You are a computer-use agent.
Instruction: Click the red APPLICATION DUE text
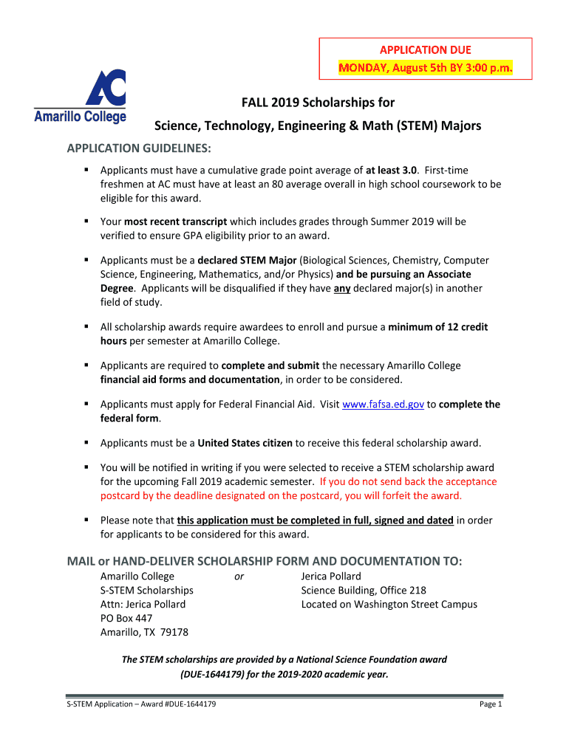[425, 50]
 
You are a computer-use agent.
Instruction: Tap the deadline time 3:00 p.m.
[484, 69]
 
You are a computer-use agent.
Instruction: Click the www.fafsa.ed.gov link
[383, 405]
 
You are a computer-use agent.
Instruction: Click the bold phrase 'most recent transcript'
[175, 221]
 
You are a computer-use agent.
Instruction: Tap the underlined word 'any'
[341, 288]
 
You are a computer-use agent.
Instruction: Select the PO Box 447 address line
[126, 618]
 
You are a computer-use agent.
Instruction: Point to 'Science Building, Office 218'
[364, 590]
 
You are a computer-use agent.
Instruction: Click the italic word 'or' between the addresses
[239, 577]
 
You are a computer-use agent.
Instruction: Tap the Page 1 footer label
[491, 704]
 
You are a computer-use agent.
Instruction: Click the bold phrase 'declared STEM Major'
[248, 261]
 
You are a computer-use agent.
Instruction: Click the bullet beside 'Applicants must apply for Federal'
[86, 405]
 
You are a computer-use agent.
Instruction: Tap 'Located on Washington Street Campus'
[389, 604]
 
